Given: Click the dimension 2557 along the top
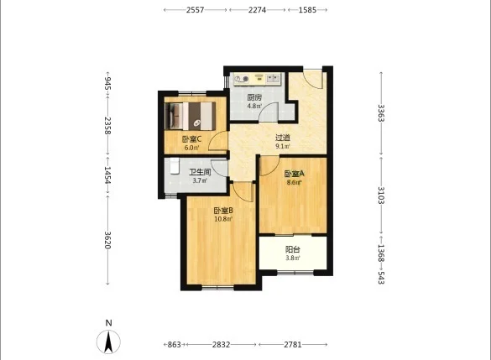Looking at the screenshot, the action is click(195, 10).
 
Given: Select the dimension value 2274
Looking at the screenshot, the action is click(257, 10).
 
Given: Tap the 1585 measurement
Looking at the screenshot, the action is click(307, 10).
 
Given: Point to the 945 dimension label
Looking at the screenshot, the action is click(107, 83).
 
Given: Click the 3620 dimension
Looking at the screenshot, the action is click(107, 240).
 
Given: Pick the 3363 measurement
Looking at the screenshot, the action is click(381, 113).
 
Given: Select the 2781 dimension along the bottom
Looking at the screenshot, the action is click(293, 345).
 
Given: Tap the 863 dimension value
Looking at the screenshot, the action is click(175, 345).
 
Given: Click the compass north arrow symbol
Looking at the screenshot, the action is click(108, 342).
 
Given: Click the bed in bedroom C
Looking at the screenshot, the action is click(191, 116).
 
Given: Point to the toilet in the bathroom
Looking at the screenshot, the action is click(175, 166).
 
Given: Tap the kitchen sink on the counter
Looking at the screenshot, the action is click(273, 78).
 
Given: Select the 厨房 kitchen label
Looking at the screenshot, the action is click(254, 97).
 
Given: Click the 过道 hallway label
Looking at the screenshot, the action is click(283, 138).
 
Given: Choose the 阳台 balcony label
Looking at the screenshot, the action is click(293, 249).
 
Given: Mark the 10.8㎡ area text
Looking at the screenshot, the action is click(223, 219).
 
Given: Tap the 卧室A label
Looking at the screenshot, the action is click(295, 174).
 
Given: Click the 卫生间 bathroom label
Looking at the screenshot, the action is click(200, 172).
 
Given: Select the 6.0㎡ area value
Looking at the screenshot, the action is click(191, 148).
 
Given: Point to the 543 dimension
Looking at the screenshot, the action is click(381, 278).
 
